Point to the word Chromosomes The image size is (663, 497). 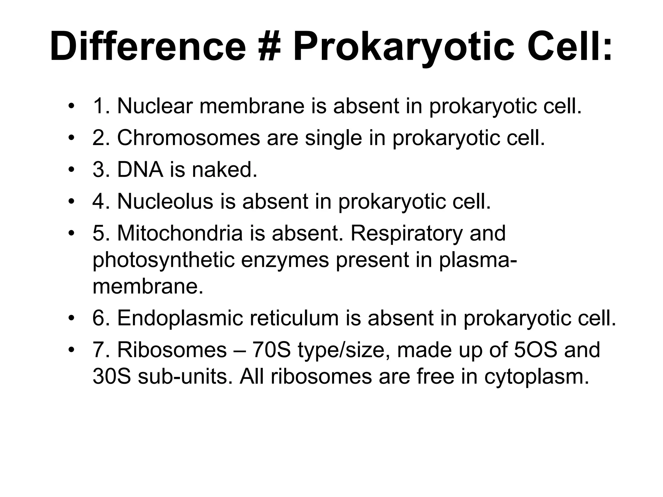click(188, 138)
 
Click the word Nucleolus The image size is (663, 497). click(165, 201)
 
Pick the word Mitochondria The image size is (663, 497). click(180, 233)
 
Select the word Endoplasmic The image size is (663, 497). click(180, 318)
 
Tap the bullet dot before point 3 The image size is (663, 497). click(72, 170)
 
